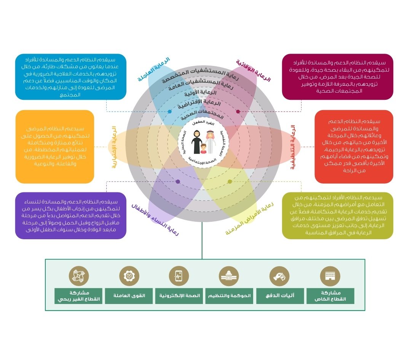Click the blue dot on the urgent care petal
[x=170, y=112]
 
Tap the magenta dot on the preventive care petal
[x=238, y=112]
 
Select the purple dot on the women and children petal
[x=178, y=181]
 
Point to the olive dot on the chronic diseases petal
[x=230, y=181]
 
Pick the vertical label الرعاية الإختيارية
[x=113, y=147]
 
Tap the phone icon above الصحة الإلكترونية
[x=178, y=276]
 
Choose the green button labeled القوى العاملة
[x=127, y=296]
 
